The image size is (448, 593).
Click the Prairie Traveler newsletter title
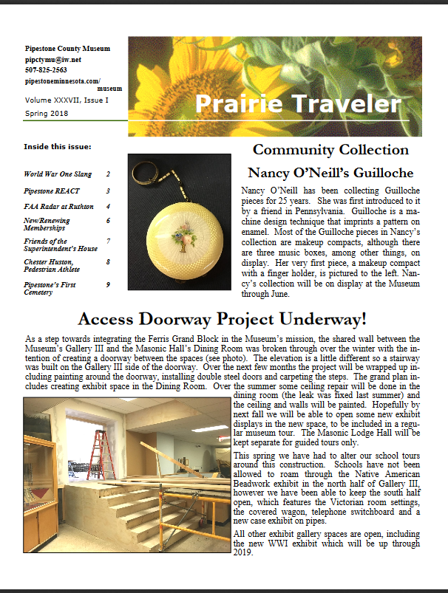pyautogui.click(x=306, y=104)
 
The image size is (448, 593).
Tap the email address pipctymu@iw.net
pyautogui.click(x=52, y=59)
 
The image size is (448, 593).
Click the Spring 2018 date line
pyautogui.click(x=47, y=112)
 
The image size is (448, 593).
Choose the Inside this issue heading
pyautogui.click(x=58, y=146)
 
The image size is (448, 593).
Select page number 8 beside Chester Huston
pyautogui.click(x=108, y=261)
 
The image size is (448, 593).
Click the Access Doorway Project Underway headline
pyautogui.click(x=223, y=320)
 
